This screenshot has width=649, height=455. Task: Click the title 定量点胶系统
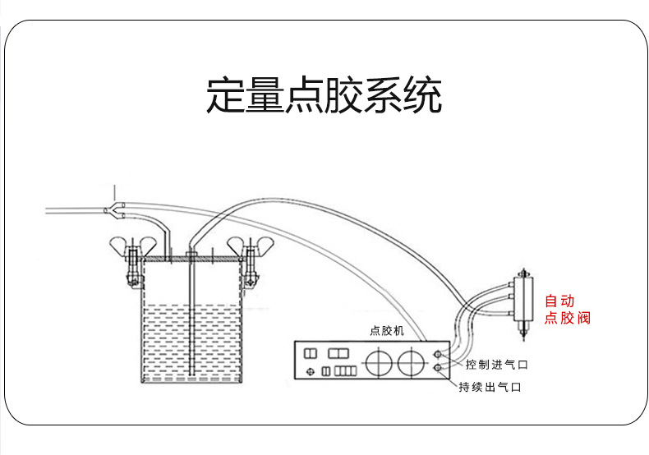pyautogui.click(x=324, y=96)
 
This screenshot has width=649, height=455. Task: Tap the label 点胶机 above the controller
pyautogui.click(x=386, y=331)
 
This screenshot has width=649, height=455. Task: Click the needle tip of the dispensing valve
pyautogui.click(x=522, y=337)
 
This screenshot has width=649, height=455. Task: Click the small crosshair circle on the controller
pyautogui.click(x=310, y=371)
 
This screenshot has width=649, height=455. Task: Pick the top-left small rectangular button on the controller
pyautogui.click(x=311, y=352)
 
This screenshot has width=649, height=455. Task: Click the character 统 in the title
pyautogui.click(x=422, y=96)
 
